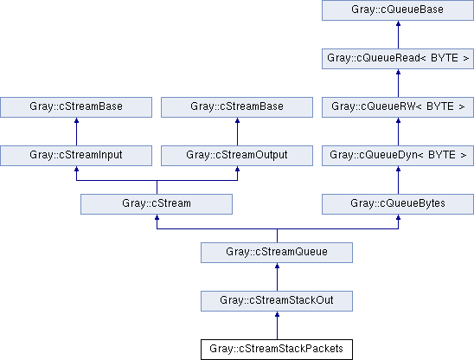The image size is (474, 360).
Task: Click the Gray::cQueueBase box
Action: pos(398,10)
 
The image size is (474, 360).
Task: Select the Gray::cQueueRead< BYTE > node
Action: pos(398,59)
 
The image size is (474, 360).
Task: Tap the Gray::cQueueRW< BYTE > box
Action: pos(398,107)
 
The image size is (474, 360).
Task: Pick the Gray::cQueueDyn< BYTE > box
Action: pos(398,156)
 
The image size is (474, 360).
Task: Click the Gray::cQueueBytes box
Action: pos(398,204)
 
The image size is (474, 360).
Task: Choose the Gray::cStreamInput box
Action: pos(76,156)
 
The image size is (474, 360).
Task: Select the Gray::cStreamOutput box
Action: pos(237,156)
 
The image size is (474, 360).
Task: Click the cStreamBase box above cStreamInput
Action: pos(76,107)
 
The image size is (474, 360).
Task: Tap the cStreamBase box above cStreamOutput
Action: pos(237,107)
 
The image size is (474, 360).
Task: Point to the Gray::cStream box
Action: pos(157,204)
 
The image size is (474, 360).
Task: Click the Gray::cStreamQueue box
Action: pos(277,253)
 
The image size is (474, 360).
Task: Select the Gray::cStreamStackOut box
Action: pos(277,301)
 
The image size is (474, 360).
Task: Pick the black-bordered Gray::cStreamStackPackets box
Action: pos(277,350)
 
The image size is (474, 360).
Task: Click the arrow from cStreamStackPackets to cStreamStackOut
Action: pos(277,325)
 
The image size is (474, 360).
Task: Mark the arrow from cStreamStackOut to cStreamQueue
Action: pos(277,277)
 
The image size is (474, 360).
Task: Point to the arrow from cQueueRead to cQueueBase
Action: pos(399,35)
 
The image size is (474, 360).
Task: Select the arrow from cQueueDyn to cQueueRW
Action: pos(399,132)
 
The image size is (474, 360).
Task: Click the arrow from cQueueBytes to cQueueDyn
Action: pos(399,180)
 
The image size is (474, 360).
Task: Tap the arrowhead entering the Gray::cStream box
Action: pos(157,217)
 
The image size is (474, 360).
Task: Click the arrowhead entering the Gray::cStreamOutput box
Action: pos(237,169)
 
